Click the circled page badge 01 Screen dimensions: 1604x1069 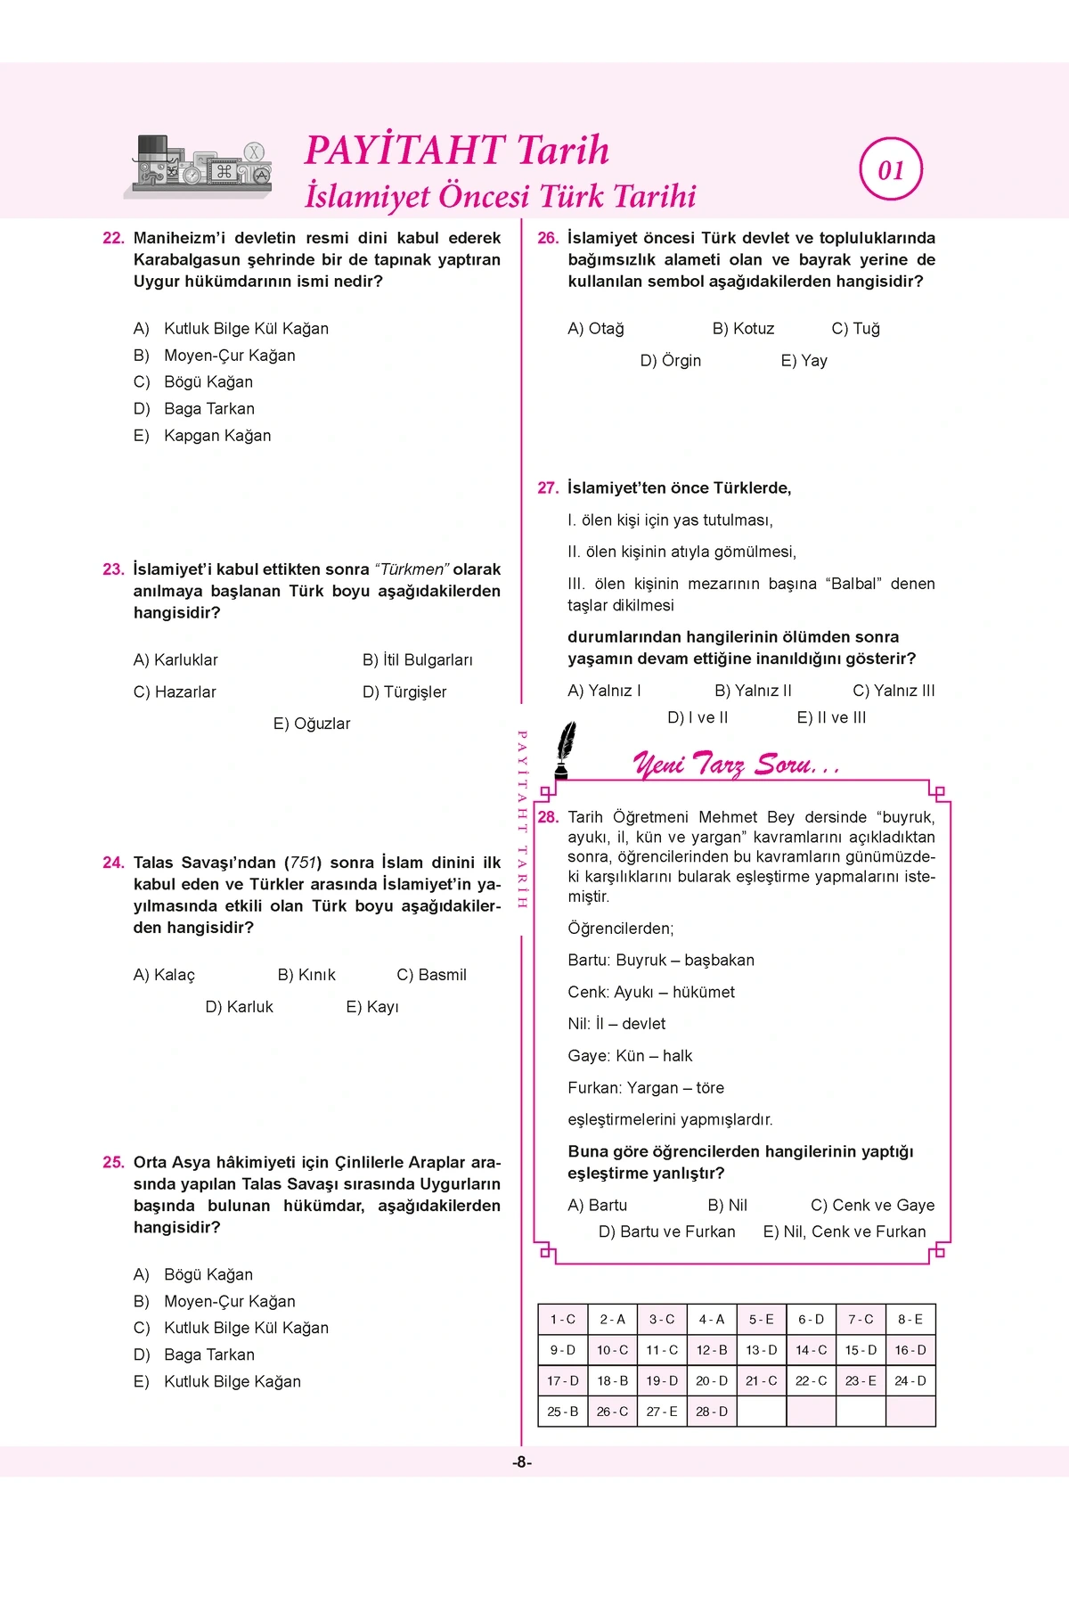click(x=891, y=169)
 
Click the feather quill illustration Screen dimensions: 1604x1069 click(x=564, y=750)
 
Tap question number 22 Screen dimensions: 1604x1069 click(x=113, y=238)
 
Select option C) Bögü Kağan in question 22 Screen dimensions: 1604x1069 click(x=193, y=382)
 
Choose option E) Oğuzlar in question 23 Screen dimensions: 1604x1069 click(x=312, y=724)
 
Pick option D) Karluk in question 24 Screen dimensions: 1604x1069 click(x=239, y=1007)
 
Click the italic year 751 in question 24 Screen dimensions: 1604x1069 click(x=304, y=863)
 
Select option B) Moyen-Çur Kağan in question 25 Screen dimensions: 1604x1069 click(x=214, y=1301)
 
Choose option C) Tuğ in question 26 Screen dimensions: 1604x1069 click(x=855, y=329)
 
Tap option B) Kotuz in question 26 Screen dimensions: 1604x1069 click(x=743, y=329)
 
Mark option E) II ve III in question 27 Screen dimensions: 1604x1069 click(x=831, y=717)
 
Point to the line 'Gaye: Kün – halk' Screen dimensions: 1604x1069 click(x=630, y=1056)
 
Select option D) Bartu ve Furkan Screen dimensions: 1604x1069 click(x=666, y=1232)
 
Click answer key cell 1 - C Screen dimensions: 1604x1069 click(x=562, y=1320)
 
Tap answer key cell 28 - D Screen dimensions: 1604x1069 click(x=711, y=1412)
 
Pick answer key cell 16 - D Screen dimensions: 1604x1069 click(x=910, y=1350)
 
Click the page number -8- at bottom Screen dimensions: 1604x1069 click(x=522, y=1462)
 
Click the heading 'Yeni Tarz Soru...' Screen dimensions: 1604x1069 click(x=736, y=765)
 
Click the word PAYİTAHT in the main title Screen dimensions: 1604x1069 click(x=405, y=150)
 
